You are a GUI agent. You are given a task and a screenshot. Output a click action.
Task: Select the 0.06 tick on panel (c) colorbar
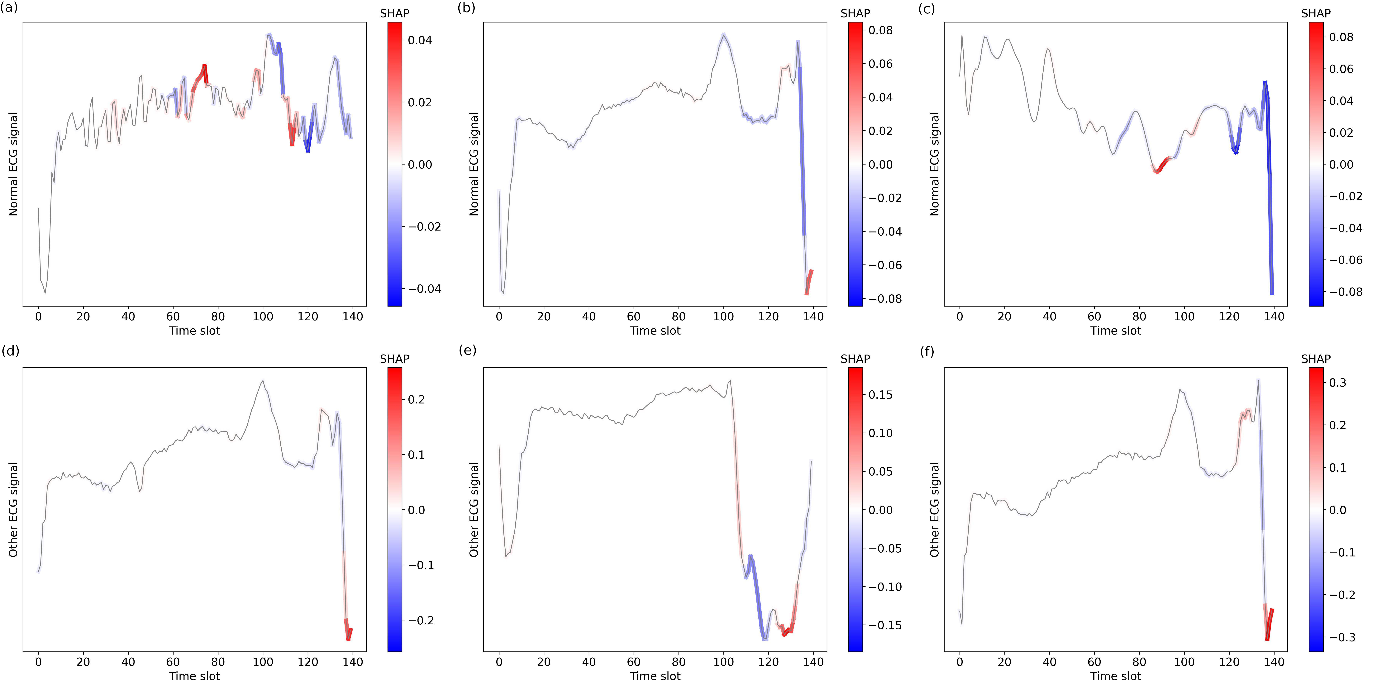[x=1341, y=69]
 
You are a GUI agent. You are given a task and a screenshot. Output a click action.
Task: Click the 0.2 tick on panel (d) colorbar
[x=416, y=400]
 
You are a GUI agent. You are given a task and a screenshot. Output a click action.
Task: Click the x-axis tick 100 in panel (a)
[x=263, y=317]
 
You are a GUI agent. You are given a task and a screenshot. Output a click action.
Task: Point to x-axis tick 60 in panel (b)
[x=634, y=317]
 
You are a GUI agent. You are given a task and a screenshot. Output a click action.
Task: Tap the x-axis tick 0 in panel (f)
[x=960, y=662]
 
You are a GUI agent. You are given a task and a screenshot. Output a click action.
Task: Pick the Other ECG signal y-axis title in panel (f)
[x=935, y=510]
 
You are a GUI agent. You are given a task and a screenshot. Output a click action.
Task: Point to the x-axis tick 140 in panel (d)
[x=353, y=662]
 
